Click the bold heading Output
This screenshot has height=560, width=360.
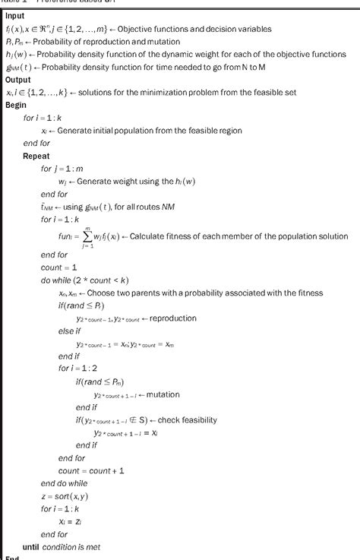pos(18,80)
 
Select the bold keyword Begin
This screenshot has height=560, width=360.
pos(16,105)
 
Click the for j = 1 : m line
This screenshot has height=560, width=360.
pos(67,168)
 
